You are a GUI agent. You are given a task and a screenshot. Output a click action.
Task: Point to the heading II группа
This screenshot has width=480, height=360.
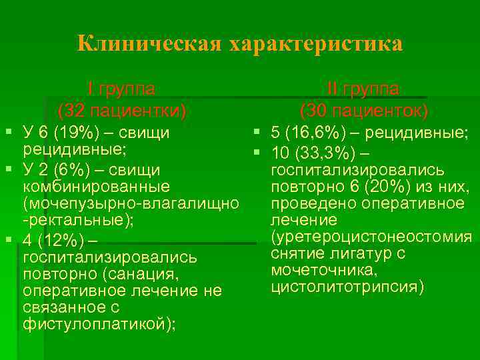(363, 89)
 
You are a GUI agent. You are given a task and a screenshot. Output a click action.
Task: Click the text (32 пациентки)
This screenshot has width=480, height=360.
(122, 109)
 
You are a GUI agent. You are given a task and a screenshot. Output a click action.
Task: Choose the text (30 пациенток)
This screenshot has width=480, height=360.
(364, 109)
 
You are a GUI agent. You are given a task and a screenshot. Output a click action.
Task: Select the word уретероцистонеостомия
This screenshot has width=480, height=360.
(371, 237)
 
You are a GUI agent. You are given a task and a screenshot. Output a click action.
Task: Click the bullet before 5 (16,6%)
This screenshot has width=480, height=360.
(255, 133)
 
